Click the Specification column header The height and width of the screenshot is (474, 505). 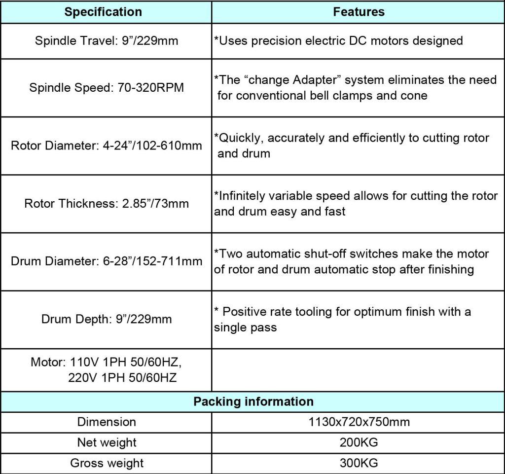(103, 12)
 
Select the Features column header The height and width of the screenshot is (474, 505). (359, 12)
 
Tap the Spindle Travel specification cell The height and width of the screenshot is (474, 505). (107, 40)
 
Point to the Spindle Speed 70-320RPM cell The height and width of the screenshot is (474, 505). (107, 88)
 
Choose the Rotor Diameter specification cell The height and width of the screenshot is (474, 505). (107, 146)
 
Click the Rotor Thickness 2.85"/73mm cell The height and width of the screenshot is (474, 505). (107, 203)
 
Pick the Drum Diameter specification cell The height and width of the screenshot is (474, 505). (107, 261)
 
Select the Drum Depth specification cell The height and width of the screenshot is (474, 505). (107, 319)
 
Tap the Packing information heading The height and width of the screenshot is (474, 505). (253, 401)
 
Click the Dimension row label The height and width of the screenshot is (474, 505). (107, 422)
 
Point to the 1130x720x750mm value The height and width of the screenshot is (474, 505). (359, 422)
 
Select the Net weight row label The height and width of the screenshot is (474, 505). (107, 442)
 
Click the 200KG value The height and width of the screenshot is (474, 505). (359, 442)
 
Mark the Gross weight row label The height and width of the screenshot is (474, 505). (107, 463)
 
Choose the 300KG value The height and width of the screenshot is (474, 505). (359, 463)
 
